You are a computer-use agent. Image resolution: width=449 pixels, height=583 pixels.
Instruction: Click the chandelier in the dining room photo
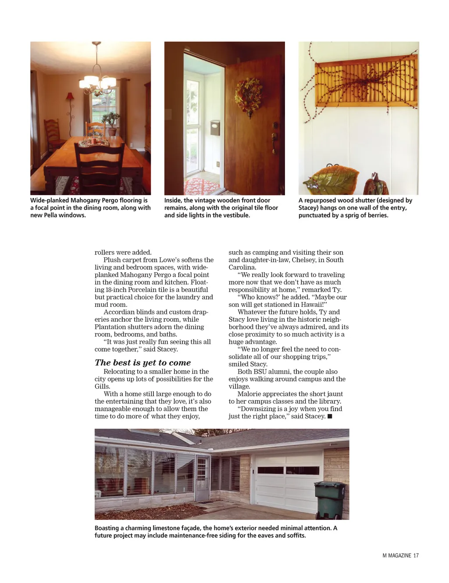pos(97,81)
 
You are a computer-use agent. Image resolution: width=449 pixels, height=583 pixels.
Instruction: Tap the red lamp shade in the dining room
pos(70,97)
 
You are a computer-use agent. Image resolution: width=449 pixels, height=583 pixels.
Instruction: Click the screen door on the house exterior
pos(203,479)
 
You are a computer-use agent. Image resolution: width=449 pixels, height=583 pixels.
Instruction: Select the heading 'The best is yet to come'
pos(143,363)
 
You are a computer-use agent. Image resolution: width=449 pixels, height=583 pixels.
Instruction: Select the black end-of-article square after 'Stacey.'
pos(330,416)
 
